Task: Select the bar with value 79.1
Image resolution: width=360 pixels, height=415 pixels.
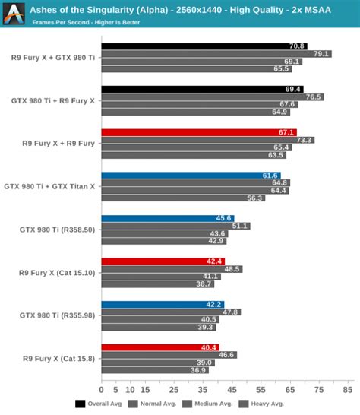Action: click(216, 53)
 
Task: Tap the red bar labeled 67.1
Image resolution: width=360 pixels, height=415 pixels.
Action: click(198, 132)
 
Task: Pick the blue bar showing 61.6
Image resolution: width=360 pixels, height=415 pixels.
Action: click(191, 176)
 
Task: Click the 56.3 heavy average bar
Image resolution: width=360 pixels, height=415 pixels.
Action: click(182, 198)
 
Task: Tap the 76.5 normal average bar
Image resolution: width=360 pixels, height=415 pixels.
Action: click(212, 97)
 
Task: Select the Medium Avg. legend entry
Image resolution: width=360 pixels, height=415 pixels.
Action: click(211, 404)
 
